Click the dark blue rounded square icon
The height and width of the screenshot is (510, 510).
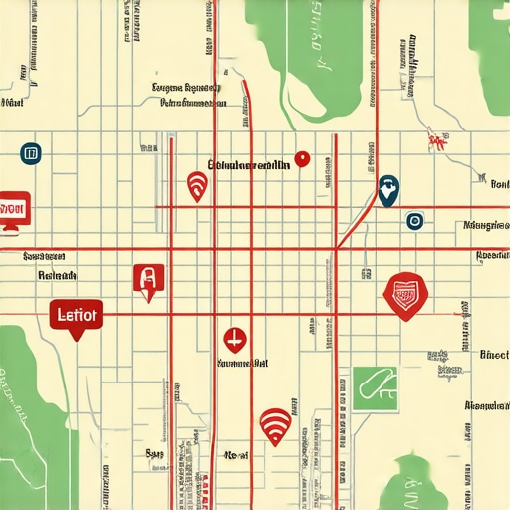[30, 153]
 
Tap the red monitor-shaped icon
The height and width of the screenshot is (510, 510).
[13, 210]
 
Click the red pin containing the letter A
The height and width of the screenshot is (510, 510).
[147, 279]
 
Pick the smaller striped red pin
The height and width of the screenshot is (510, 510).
[197, 184]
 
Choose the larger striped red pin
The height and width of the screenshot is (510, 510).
[276, 425]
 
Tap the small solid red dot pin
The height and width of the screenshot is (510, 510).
[304, 159]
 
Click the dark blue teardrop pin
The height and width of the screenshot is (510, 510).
[387, 186]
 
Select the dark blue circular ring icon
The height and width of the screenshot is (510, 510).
[414, 221]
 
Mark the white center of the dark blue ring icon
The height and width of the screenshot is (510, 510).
[414, 221]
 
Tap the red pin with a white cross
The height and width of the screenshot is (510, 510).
[235, 339]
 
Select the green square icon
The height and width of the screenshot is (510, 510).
[375, 387]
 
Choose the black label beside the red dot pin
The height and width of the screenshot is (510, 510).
[249, 164]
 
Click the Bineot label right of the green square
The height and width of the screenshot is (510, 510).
[493, 355]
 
